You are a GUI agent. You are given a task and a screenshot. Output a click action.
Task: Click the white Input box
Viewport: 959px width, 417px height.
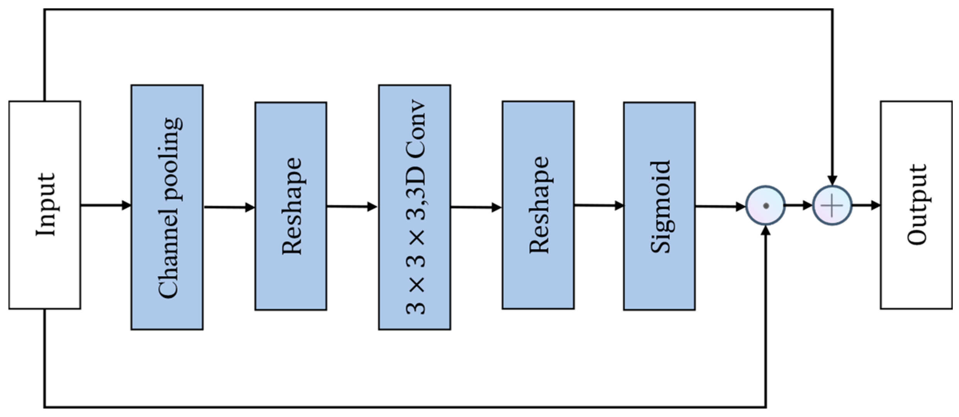44,205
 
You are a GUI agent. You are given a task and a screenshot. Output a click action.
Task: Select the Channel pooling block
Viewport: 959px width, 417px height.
167,207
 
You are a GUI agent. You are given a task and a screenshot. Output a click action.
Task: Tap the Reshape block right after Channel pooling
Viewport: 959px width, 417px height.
291,206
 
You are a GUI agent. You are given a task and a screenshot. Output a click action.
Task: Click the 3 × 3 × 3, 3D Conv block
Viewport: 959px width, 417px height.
414,207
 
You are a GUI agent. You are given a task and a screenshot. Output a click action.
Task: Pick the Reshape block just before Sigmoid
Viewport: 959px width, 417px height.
538,205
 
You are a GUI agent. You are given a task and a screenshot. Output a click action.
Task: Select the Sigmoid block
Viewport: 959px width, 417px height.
659,206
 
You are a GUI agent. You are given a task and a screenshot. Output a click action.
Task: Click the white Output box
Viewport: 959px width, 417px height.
916,205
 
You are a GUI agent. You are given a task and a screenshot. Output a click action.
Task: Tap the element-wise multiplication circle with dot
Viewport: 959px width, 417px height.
765,205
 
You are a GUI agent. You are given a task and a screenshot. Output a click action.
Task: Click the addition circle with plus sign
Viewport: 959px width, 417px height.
832,205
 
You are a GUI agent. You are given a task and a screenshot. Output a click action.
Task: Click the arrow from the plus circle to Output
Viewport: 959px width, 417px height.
865,205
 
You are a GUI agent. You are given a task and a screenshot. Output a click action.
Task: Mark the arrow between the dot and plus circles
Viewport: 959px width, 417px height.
798,205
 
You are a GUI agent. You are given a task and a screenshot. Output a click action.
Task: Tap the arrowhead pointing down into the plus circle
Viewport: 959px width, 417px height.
832,180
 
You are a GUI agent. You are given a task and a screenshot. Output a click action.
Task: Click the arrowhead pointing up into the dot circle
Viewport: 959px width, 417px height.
765,231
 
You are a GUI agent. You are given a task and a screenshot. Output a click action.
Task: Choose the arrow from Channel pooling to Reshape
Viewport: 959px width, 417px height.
229,207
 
